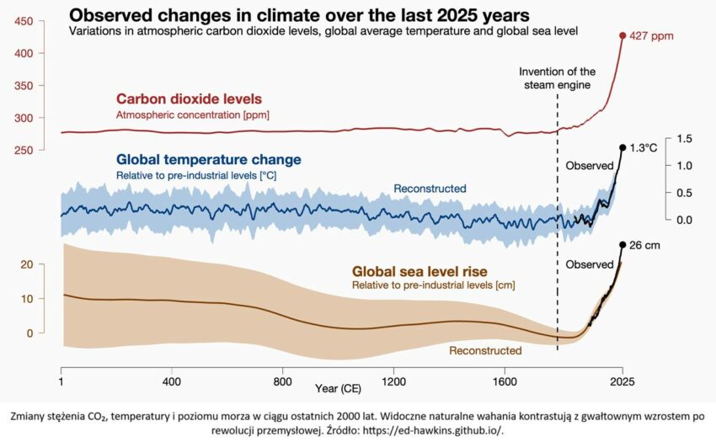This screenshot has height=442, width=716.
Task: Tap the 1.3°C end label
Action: (644, 147)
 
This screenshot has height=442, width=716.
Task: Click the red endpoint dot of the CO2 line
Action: (622, 35)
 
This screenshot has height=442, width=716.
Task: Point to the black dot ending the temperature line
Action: (622, 147)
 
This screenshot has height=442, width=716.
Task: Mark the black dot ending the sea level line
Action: (622, 245)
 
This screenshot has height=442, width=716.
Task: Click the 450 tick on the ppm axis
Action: (25, 20)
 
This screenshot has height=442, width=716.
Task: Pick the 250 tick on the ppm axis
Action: (25, 150)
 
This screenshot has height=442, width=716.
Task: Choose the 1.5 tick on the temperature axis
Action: (683, 138)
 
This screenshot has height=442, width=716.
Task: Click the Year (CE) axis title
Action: (339, 389)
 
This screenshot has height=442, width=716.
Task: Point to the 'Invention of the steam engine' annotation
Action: (557, 77)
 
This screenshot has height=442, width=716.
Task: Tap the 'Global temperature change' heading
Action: (208, 159)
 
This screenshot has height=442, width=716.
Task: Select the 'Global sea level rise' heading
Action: (421, 272)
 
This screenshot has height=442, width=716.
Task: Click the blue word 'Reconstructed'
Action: (430, 189)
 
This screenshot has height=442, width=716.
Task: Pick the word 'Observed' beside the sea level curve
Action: (589, 264)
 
